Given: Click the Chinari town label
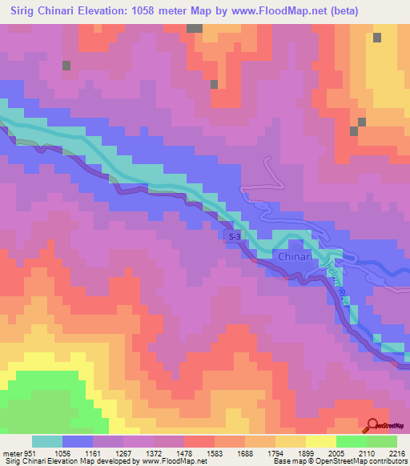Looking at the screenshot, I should tap(299, 256).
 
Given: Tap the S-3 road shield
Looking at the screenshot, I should tap(234, 238).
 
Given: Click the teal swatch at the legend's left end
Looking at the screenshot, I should tap(47, 441).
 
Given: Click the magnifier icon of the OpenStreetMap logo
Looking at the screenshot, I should tap(372, 425).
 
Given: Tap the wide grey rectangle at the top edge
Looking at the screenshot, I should tap(195, 28).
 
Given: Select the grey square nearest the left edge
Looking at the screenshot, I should tap(66, 65).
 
